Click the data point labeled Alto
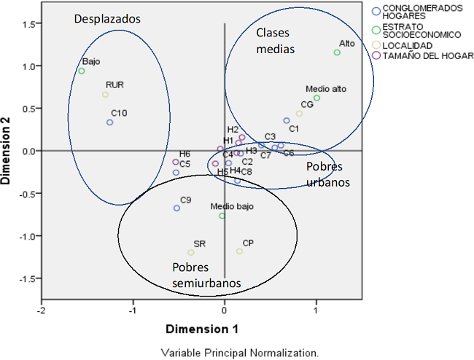click(x=337, y=52)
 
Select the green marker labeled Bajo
click(x=82, y=71)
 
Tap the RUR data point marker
click(x=105, y=95)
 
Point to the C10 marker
click(x=109, y=122)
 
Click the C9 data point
click(x=176, y=208)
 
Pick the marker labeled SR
click(x=191, y=253)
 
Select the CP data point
click(x=239, y=251)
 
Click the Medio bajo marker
click(x=222, y=216)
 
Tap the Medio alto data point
click(x=316, y=98)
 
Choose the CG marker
click(x=299, y=113)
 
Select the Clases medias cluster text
click(x=276, y=42)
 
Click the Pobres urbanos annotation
click(x=328, y=174)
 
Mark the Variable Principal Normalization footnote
click(x=240, y=353)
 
